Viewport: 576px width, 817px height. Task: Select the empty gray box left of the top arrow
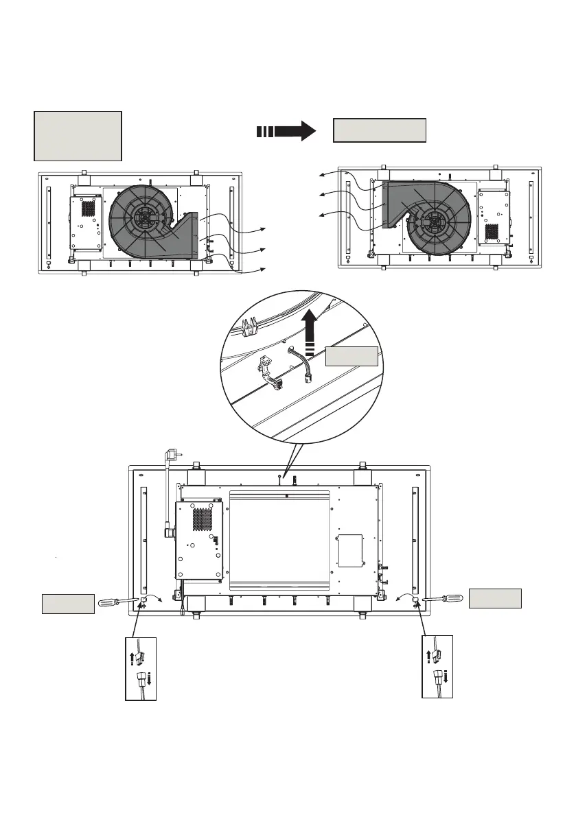78,136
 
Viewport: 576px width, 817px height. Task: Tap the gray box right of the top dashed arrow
380,130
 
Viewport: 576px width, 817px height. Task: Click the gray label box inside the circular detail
351,356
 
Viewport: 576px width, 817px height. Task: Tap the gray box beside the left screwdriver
68,604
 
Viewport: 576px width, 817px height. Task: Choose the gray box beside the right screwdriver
495,598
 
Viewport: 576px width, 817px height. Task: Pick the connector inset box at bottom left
141,668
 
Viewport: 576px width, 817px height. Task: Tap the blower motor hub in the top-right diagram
434,220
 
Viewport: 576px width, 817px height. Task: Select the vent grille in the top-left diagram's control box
88,206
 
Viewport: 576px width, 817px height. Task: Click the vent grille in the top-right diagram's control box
492,231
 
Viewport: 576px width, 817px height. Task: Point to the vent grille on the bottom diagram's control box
202,518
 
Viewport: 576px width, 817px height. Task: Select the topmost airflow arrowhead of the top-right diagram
319,176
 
